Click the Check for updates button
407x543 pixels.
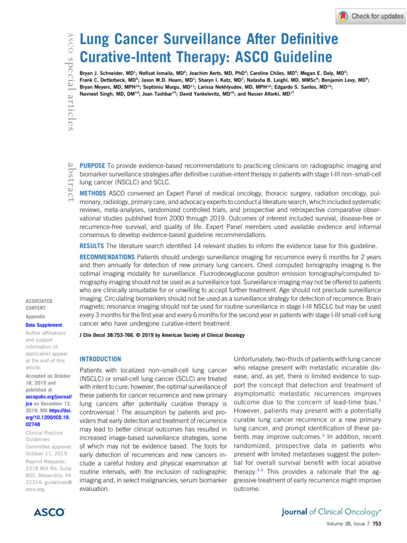coord(370,16)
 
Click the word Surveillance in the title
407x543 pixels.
coord(189,40)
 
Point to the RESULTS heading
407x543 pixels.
coord(91,246)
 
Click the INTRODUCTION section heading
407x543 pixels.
coord(100,359)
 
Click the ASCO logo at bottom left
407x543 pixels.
coord(49,512)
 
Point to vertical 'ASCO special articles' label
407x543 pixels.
coord(68,80)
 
